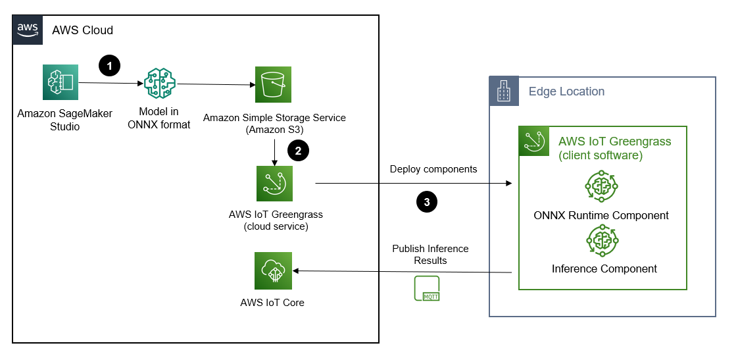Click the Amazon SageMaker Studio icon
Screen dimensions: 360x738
60,83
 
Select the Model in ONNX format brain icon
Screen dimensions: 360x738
160,84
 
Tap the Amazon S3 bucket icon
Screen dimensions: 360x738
274,84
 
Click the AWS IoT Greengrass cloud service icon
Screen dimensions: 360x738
275,183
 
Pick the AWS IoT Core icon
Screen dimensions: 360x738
274,270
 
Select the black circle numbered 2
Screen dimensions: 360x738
298,150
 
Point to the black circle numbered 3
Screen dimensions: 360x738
427,202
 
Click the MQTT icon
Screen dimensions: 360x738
426,289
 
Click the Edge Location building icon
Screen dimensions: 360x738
504,91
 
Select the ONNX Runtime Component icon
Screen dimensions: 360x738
602,187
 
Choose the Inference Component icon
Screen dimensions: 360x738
602,241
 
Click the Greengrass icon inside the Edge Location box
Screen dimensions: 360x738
533,141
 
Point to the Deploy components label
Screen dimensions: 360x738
433,169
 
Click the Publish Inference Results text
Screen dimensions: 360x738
430,255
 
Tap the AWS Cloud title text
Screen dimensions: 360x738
82,30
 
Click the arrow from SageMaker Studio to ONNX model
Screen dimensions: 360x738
111,84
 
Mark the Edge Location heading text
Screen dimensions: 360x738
566,91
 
